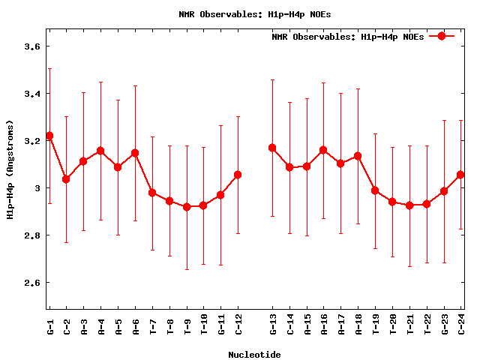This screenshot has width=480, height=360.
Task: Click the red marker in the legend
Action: click(x=442, y=36)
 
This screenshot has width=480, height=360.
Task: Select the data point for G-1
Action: click(x=49, y=136)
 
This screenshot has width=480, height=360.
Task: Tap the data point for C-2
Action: click(x=66, y=179)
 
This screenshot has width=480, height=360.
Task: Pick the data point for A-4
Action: click(x=100, y=151)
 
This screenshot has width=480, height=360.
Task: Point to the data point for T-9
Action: click(x=187, y=206)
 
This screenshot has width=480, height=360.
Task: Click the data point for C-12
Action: click(x=238, y=175)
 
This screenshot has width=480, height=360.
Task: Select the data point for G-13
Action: click(x=272, y=148)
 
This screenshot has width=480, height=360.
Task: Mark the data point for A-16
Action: click(x=323, y=150)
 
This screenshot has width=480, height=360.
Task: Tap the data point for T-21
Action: click(x=409, y=205)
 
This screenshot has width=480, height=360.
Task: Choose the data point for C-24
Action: click(x=460, y=175)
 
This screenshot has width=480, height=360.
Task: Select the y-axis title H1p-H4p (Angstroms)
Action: click(x=10, y=169)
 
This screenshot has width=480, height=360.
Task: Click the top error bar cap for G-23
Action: click(x=444, y=120)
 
